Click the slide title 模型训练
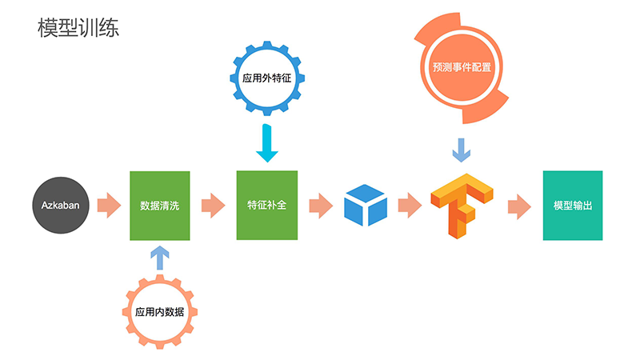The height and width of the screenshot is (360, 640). pos(78,28)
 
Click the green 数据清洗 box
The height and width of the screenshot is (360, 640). pos(160,206)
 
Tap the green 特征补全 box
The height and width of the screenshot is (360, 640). pos(266,205)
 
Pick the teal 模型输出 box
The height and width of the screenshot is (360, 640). pos(573,206)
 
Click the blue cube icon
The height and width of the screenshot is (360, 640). pos(365,205)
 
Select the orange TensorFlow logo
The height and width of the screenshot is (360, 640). pos(462,205)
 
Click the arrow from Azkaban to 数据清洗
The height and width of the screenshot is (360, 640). pos(108,206)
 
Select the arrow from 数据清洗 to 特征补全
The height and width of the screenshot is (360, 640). pos(213,206)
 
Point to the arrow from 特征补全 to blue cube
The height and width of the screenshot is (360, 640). pos(320,206)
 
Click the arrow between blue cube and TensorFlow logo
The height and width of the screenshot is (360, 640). pos(409,206)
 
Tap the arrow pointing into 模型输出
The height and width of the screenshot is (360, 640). pos(518,206)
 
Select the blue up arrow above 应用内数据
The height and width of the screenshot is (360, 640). pos(160,257)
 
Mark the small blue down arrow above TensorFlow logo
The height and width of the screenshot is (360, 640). pos(462,149)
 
